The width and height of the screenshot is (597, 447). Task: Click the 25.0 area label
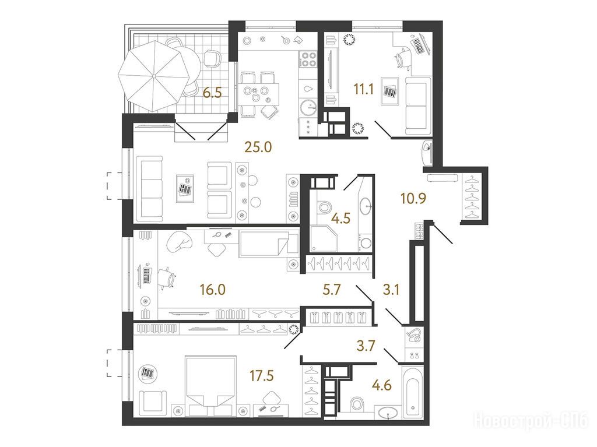tap(258, 147)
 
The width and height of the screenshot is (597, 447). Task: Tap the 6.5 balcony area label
tap(212, 93)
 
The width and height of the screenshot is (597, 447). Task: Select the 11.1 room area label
tap(364, 90)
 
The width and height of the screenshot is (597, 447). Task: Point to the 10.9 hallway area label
tap(413, 198)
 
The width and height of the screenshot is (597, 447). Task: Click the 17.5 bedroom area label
tap(262, 376)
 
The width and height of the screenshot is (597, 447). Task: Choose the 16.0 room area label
tap(212, 290)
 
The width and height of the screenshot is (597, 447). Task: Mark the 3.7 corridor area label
tap(366, 346)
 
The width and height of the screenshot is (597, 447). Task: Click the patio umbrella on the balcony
tap(154, 76)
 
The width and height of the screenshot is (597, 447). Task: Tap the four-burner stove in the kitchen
tap(308, 59)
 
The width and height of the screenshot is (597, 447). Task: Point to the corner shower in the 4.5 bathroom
tap(324, 238)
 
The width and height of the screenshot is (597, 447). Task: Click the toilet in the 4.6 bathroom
tap(356, 403)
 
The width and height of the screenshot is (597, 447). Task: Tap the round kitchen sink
tap(308, 107)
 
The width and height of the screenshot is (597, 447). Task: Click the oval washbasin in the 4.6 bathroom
tap(388, 413)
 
